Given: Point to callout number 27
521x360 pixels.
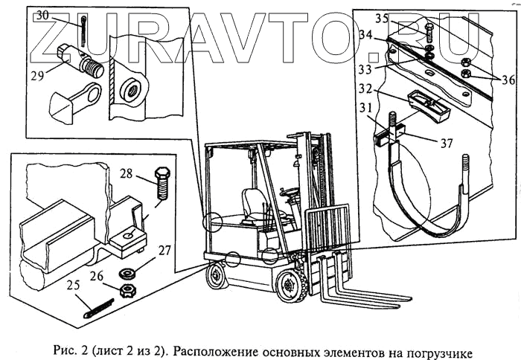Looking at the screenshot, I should tap(164, 251).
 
